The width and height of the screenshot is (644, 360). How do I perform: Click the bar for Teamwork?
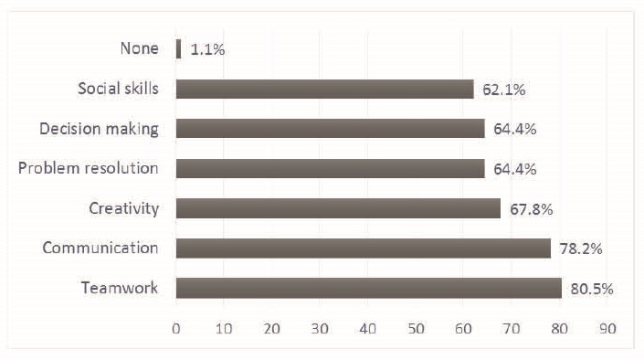coord(368,288)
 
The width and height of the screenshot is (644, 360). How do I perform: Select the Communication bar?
coord(363,249)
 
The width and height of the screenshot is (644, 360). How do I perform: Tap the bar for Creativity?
coord(338,208)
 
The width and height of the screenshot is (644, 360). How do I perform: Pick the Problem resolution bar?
coord(330,169)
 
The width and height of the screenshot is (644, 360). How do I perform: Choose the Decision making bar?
coord(330,129)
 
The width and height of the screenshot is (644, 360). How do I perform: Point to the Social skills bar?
coord(324,89)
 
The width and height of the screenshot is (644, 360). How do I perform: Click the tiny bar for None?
coord(178,48)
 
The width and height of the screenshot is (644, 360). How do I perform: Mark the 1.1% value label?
coord(207,49)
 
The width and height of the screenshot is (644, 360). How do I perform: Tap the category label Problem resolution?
coord(89,169)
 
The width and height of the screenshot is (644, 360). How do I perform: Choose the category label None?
coord(139,48)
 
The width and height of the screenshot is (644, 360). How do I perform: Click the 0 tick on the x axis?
coord(176,327)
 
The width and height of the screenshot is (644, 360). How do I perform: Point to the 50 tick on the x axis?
coord(417,327)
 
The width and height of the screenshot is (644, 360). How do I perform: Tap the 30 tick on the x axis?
coord(321,327)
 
